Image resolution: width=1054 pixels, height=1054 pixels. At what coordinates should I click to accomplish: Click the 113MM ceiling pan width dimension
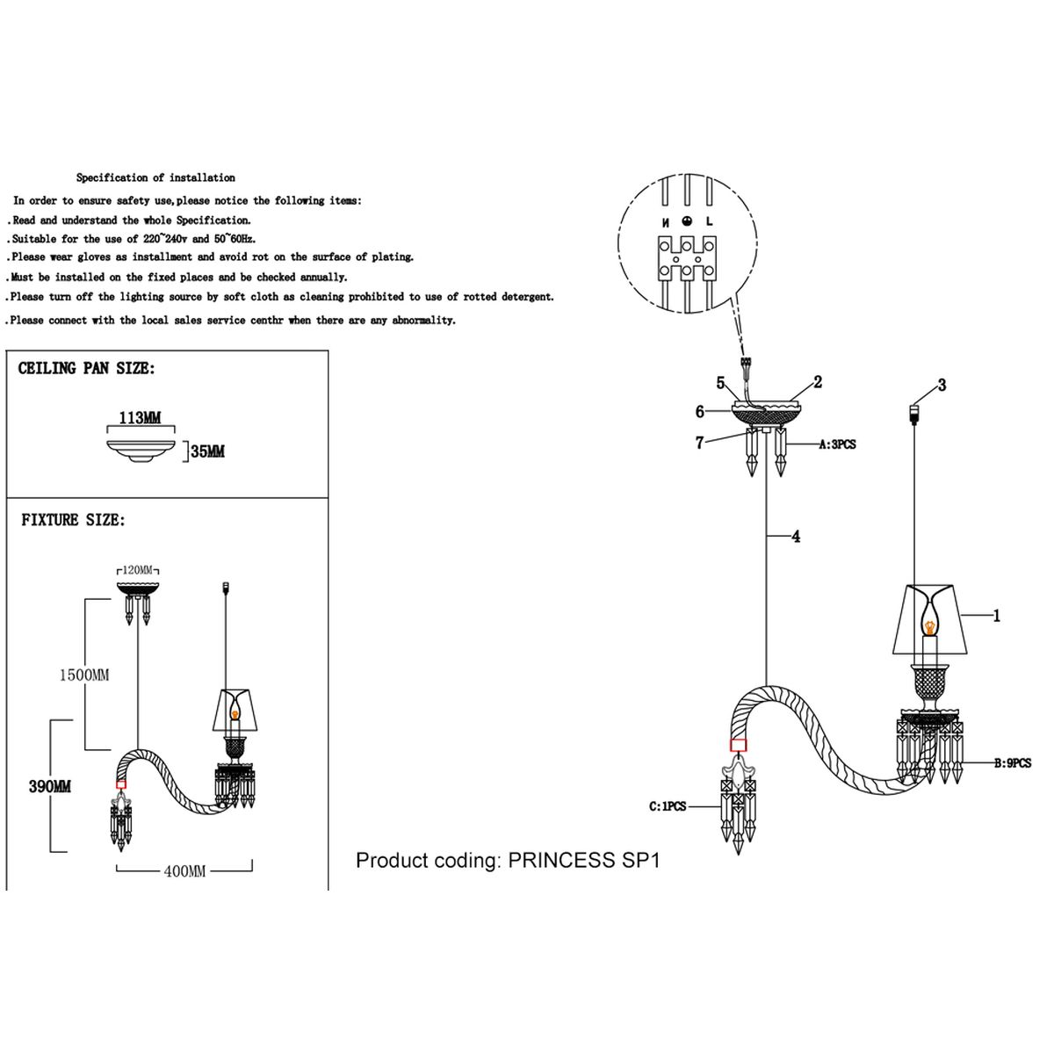click(x=140, y=418)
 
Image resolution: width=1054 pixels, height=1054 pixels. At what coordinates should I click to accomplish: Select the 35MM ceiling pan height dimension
click(x=207, y=451)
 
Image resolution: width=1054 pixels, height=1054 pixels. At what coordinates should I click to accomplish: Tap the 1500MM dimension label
click(x=84, y=675)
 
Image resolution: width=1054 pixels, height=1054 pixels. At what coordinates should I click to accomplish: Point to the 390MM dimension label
click(x=50, y=786)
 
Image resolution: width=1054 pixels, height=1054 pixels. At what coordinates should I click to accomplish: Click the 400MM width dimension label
click(x=184, y=871)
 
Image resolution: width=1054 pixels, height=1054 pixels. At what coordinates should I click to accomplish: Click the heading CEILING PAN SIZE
click(x=86, y=369)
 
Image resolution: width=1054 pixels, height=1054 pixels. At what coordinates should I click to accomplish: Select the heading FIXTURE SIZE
click(x=73, y=520)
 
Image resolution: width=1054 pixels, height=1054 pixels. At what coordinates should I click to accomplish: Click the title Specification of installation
click(x=155, y=177)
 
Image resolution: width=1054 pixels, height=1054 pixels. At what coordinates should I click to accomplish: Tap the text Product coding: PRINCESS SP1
click(x=508, y=860)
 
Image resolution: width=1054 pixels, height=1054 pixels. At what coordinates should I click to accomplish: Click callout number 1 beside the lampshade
click(x=997, y=616)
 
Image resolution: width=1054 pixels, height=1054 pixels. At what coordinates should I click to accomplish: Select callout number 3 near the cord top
click(x=942, y=385)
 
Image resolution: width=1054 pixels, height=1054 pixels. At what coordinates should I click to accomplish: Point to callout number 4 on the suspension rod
click(x=796, y=536)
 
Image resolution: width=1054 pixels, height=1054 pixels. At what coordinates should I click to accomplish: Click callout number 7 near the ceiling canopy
click(x=700, y=443)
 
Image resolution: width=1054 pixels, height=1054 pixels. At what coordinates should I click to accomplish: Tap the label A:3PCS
click(x=837, y=444)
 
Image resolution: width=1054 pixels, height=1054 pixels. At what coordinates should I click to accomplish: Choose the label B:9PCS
click(x=1012, y=763)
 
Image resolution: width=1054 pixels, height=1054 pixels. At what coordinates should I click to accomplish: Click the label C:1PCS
click(x=668, y=806)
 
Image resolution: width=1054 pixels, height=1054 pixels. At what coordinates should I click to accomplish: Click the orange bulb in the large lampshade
click(x=929, y=625)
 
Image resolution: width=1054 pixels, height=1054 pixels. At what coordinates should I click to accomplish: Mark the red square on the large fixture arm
click(x=738, y=745)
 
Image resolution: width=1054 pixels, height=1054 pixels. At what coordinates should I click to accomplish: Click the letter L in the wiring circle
click(x=709, y=223)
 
